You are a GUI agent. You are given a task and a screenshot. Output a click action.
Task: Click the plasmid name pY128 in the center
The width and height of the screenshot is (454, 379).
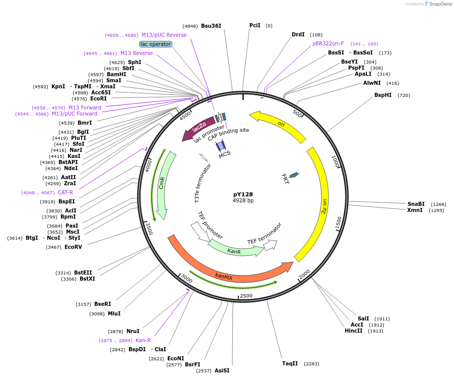coord(243,194)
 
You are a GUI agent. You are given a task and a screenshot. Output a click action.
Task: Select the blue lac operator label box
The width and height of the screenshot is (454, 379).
coord(156,44)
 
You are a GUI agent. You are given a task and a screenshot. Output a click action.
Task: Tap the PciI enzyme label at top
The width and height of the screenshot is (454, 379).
coord(255,25)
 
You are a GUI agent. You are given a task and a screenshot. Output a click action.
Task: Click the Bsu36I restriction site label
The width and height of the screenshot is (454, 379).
coord(211,26)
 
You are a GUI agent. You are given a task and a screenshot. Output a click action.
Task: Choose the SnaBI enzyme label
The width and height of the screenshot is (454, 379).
coord(416,204)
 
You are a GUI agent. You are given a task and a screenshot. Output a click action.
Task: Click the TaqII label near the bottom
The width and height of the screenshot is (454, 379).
coord(290,363)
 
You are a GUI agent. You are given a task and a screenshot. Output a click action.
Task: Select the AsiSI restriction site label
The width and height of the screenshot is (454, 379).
coord(222,370)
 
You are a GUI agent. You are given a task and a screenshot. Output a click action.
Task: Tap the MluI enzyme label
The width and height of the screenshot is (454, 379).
coord(114,313)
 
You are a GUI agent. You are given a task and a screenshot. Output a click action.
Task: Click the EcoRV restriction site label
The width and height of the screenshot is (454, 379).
coord(73,247)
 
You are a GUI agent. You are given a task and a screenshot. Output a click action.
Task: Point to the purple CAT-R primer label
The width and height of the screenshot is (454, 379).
coord(66,192)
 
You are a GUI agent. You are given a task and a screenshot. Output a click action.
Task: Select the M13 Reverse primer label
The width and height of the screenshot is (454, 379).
coord(137,53)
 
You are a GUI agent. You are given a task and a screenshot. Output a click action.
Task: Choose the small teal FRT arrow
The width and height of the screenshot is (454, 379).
coord(293,175)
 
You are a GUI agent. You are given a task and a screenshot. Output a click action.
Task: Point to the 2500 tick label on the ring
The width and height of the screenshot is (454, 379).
coord(246,295)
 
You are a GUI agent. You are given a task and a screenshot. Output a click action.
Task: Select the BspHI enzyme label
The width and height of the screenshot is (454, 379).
coord(383,95)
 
